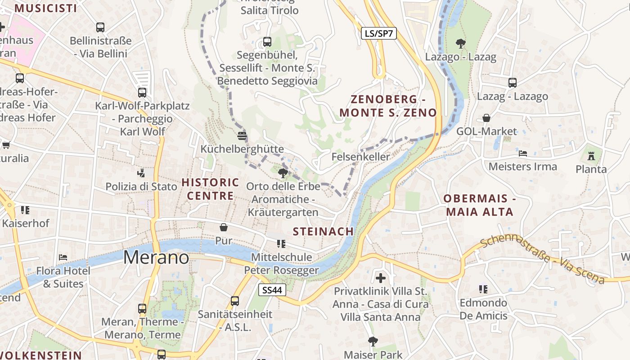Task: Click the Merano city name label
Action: (156, 257)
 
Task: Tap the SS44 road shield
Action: (273, 290)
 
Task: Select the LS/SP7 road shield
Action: (379, 33)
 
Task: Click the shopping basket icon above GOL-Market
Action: (486, 118)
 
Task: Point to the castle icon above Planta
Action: (591, 156)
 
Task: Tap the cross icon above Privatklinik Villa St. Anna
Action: (381, 278)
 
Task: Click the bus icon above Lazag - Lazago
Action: (513, 83)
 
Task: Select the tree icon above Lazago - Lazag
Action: (460, 44)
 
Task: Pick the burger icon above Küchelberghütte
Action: (242, 135)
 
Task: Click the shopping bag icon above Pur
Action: (224, 227)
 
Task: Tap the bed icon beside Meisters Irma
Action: (522, 153)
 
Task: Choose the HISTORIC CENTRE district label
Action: (210, 189)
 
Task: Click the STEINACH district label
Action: (323, 231)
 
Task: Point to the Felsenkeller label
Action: (360, 157)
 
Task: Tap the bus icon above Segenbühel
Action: (267, 42)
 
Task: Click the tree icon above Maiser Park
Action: (373, 342)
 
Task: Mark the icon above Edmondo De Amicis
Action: (483, 289)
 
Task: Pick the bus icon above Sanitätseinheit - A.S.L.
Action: (235, 301)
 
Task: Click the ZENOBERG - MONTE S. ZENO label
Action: (388, 106)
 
